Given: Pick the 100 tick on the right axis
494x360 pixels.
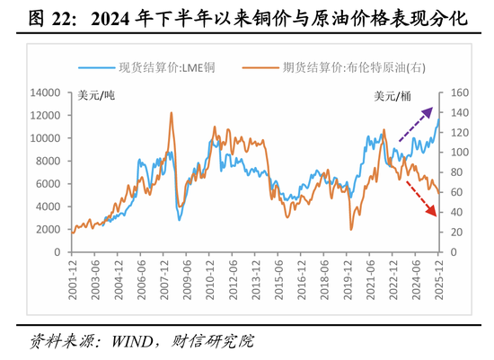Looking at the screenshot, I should tap(458, 152).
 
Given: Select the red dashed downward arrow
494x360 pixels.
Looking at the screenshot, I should tap(416, 198).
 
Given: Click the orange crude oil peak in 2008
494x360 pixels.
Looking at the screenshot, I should tap(171, 113).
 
